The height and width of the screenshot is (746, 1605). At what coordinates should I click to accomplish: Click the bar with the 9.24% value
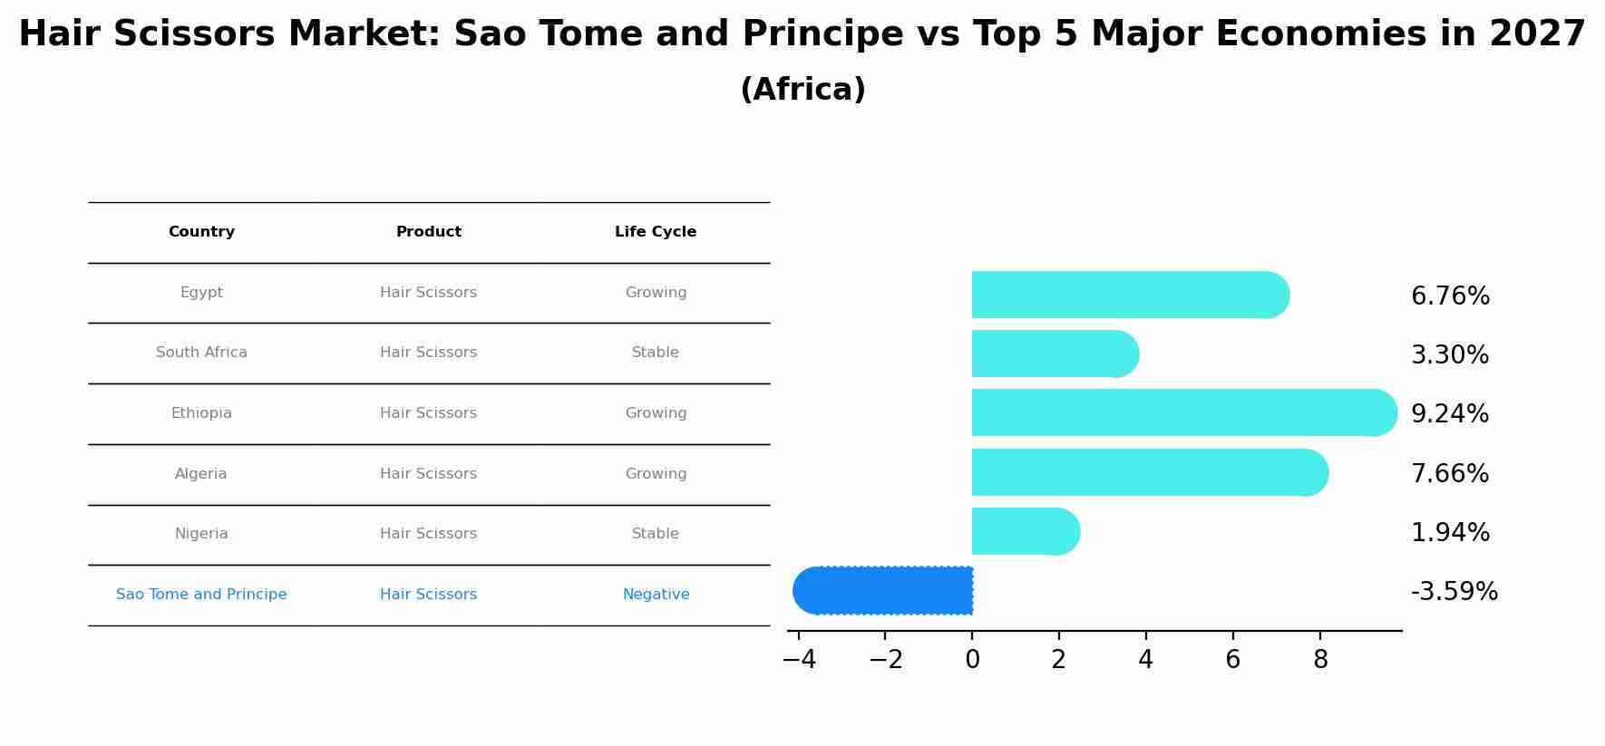(x=1179, y=412)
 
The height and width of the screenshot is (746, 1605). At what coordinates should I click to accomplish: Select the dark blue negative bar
(x=884, y=590)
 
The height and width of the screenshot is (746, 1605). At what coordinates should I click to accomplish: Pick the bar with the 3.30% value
(x=1052, y=354)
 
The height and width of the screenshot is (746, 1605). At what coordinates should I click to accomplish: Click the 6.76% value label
(x=1450, y=296)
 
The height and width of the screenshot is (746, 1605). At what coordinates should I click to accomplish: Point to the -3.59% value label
(x=1454, y=592)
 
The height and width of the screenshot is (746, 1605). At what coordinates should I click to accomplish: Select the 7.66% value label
(x=1450, y=474)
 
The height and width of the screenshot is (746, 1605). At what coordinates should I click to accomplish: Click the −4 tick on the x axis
(x=799, y=660)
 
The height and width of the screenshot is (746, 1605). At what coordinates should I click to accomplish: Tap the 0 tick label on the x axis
(x=972, y=660)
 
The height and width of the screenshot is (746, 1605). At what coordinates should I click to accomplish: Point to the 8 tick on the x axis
(x=1320, y=660)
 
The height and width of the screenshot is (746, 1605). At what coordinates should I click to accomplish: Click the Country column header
(x=201, y=232)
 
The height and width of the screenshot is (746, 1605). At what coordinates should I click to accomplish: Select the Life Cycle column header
(x=656, y=232)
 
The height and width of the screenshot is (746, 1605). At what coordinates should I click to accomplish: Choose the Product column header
(x=428, y=232)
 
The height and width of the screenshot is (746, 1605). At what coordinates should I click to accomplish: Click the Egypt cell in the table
(x=201, y=293)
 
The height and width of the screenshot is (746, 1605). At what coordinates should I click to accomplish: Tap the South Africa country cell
(x=201, y=353)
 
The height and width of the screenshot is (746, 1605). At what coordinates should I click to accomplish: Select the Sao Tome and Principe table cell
(x=201, y=595)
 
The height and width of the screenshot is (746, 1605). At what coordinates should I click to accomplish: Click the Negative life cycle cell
(x=656, y=595)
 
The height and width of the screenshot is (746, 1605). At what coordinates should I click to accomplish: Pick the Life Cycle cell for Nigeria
(x=656, y=534)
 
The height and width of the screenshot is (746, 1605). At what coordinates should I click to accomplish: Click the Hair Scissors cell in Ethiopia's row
(x=428, y=413)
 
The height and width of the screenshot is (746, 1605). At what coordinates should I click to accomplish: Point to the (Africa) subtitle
(x=802, y=90)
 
